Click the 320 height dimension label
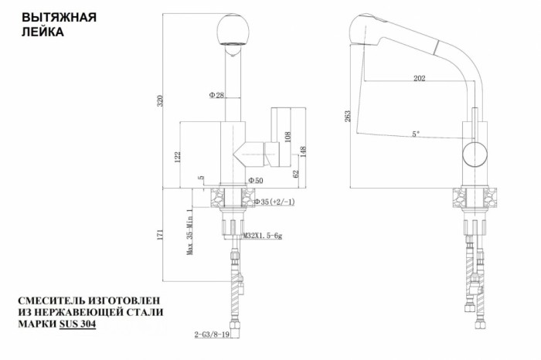click(160, 100)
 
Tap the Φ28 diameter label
click(216, 95)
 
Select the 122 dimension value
click(178, 157)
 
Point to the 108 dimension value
click(288, 136)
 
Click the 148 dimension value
click(303, 152)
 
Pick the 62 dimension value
click(296, 174)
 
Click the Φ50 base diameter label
click(256, 180)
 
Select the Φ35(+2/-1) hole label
click(274, 202)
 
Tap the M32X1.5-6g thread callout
click(263, 236)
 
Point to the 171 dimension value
click(160, 235)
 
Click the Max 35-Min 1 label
click(190, 232)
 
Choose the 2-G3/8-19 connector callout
click(212, 335)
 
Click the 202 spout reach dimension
click(419, 78)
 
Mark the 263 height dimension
click(347, 116)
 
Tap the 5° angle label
click(416, 134)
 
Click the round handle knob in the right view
click(475, 154)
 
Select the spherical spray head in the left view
click(233, 29)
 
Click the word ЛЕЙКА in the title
click(43, 32)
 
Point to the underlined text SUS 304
click(77, 324)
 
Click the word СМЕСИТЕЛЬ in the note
click(49, 301)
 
